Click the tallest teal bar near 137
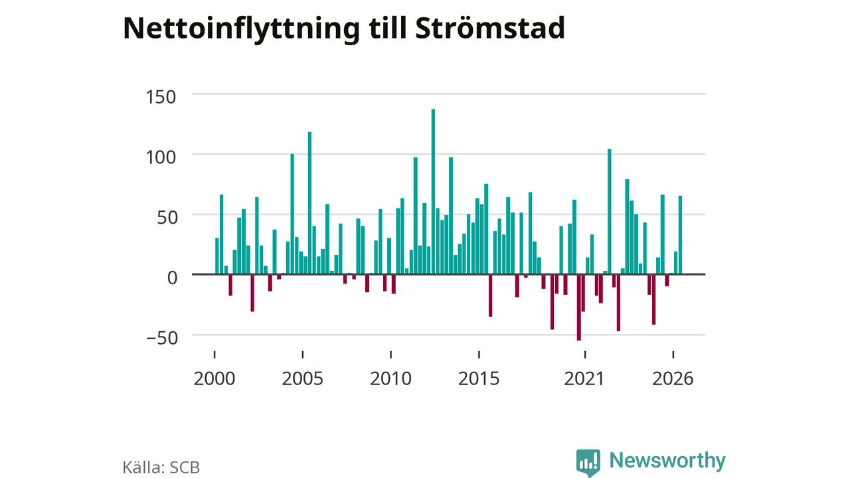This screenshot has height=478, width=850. [433, 192]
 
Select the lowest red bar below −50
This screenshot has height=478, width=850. [578, 307]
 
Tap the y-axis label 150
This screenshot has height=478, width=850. [161, 97]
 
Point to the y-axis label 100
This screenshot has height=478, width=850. [161, 157]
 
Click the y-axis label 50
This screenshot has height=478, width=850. [167, 218]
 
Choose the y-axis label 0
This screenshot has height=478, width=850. [172, 278]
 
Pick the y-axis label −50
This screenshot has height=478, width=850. [162, 338]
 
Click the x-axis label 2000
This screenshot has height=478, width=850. [214, 378]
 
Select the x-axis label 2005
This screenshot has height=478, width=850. [302, 378]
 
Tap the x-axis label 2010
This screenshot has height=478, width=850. [391, 378]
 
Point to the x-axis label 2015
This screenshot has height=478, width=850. [479, 378]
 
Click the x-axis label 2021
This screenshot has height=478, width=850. [584, 378]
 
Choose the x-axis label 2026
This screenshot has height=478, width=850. [673, 378]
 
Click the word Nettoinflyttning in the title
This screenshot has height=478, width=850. [241, 29]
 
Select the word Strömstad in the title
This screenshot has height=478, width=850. [490, 28]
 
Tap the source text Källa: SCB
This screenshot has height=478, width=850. [161, 467]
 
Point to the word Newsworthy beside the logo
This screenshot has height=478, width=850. [667, 461]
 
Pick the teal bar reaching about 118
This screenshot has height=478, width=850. [309, 203]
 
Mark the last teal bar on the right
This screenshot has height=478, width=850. [681, 235]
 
